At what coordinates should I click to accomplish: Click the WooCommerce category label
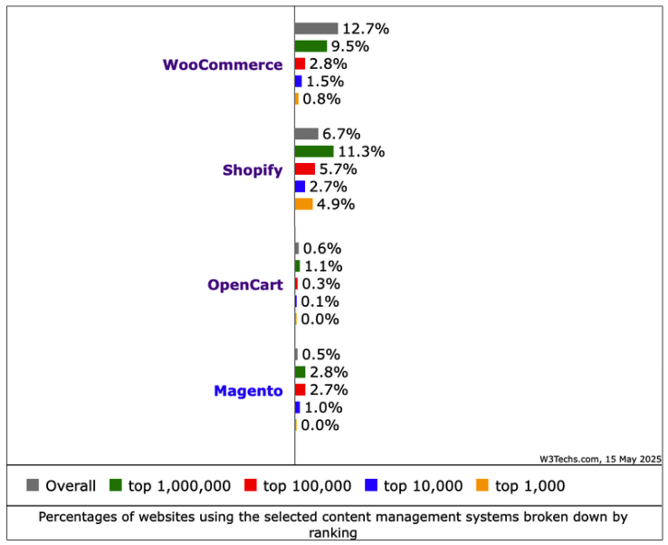223,64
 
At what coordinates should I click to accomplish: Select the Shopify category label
253,170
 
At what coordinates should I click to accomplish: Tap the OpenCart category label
245,284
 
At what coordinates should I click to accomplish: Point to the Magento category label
248,391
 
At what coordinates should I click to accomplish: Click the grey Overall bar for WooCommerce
316,29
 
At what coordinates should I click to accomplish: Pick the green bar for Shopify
314,151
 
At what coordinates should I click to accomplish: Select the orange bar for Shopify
303,205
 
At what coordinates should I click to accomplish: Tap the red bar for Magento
300,390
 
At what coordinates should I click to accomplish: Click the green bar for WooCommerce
310,46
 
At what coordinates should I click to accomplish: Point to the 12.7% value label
366,29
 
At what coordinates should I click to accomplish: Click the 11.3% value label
361,151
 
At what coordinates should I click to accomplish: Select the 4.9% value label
336,205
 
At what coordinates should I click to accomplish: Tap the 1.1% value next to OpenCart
322,266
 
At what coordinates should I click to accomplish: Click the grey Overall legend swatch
33,485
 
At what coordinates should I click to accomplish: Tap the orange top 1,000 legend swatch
482,485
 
